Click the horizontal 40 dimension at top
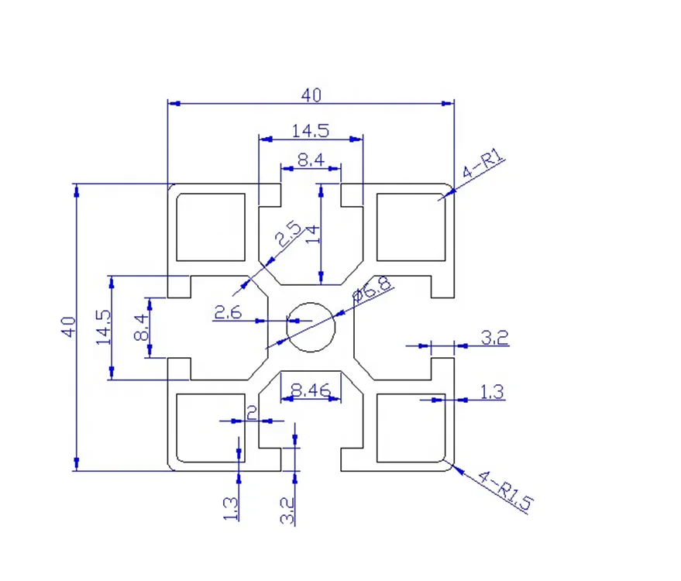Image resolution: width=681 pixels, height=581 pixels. click(x=311, y=95)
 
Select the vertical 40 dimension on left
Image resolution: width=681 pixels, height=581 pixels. click(x=69, y=327)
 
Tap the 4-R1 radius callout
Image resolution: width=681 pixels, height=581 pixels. click(x=483, y=163)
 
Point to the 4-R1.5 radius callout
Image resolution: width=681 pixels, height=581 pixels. click(x=506, y=490)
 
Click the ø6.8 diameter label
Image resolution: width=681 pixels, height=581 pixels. click(x=372, y=289)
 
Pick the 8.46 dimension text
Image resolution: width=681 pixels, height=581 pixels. click(x=311, y=390)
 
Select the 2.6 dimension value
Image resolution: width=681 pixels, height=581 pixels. click(x=228, y=312)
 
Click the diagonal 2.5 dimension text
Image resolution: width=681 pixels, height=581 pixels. click(x=288, y=234)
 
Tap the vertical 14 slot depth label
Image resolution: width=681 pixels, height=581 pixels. click(x=313, y=235)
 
